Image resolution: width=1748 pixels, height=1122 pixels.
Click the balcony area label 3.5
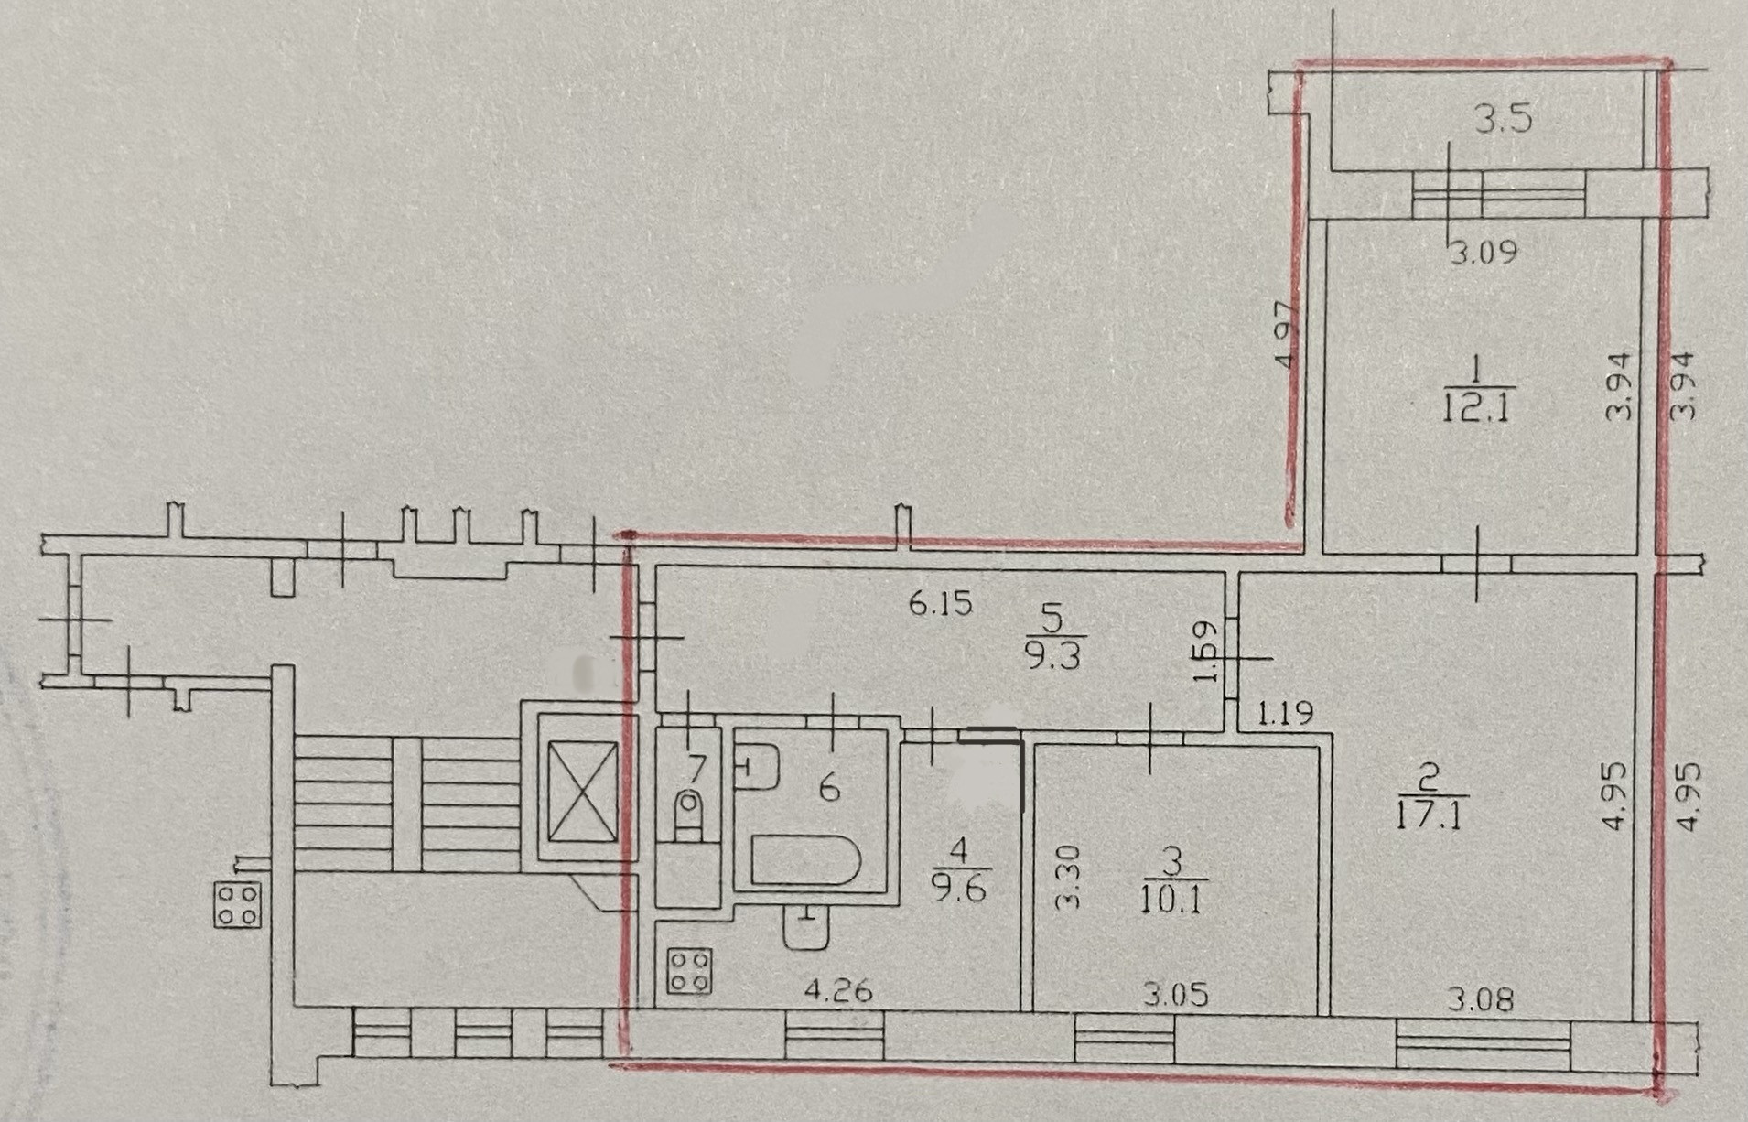click(x=1505, y=120)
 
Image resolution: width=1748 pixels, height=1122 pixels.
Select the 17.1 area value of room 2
click(x=1433, y=814)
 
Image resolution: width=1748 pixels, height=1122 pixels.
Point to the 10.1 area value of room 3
click(x=1173, y=900)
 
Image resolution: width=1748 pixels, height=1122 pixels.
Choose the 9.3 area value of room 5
click(x=1052, y=657)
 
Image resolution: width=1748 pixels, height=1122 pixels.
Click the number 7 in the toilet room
click(x=696, y=764)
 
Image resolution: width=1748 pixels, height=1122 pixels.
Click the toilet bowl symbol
click(x=690, y=815)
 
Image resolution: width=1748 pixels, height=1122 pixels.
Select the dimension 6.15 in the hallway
click(x=940, y=604)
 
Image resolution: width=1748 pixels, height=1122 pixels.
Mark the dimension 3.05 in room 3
click(x=1175, y=993)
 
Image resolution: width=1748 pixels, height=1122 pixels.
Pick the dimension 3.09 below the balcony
click(x=1484, y=252)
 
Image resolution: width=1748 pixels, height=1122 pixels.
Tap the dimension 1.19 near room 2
click(x=1284, y=712)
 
